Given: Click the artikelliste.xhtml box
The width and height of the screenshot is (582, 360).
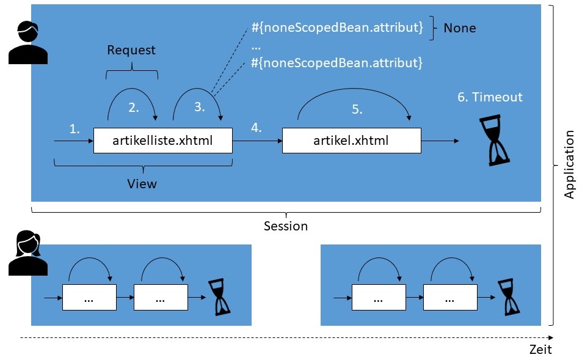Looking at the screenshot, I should (x=162, y=141).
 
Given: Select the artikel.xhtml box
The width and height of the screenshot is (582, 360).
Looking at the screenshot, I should (x=351, y=141).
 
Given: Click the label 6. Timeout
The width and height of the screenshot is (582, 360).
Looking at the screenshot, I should (x=490, y=97).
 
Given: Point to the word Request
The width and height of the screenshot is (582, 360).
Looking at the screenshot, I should (x=131, y=50).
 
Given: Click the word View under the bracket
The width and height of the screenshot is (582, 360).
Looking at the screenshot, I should (x=142, y=183).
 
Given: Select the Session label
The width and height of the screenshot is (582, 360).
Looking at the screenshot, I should (x=286, y=226).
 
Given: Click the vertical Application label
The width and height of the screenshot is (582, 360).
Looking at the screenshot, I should (x=569, y=164).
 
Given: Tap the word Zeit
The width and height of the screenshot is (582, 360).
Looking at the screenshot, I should (x=540, y=350).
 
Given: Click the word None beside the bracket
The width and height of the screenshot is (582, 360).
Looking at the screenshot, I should (x=459, y=28).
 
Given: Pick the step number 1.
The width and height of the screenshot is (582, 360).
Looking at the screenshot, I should (x=75, y=129).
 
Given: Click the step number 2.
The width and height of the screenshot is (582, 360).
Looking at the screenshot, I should (x=133, y=108).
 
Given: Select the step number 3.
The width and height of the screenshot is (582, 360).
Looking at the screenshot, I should (x=200, y=107).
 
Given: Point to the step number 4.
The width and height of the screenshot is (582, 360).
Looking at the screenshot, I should (x=256, y=129).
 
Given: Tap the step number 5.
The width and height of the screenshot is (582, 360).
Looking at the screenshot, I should (x=357, y=110).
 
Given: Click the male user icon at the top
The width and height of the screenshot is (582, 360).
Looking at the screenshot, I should (x=28, y=42).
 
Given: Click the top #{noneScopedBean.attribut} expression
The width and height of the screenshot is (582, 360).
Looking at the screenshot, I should (x=337, y=28).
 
